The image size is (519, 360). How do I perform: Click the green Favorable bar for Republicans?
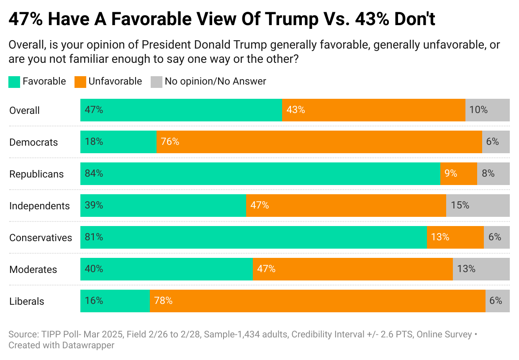pos(260,174)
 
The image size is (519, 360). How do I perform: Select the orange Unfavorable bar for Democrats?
pos(319,142)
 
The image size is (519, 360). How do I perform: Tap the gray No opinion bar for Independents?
pos(478,206)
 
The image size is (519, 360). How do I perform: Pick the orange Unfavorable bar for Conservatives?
pos(455,237)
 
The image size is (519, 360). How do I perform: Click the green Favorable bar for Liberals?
pos(115,301)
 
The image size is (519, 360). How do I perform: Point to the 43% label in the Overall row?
pos(295,110)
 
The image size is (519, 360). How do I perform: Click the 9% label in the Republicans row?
pos(451,174)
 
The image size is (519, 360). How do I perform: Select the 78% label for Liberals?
pos(163,301)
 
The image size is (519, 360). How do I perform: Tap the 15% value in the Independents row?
pos(460,206)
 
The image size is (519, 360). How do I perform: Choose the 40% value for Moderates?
pos(94,269)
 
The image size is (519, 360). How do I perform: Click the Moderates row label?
pos(33,270)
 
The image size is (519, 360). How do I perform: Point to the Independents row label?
pos(39,206)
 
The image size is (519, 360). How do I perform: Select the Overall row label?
pos(24,111)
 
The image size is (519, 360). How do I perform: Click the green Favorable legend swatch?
pos(14,82)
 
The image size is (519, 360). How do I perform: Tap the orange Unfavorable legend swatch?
pos(80,82)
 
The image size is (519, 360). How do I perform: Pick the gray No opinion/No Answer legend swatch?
pos(156,82)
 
